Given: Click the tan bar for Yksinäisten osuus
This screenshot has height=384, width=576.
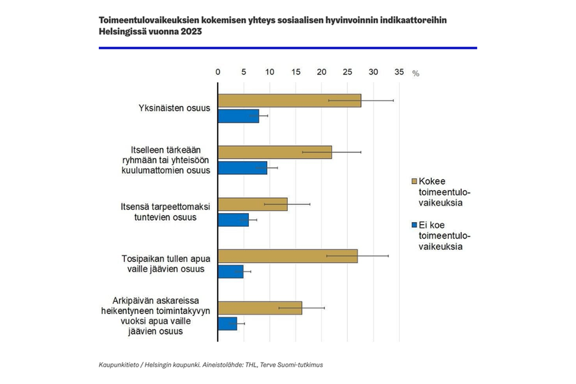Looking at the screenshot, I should click(290, 101).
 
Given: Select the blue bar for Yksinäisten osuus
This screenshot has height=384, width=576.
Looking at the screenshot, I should click(239, 116).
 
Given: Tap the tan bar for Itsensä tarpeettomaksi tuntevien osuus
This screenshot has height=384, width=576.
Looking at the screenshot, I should click(253, 204).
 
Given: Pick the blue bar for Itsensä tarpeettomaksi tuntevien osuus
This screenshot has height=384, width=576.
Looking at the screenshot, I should click(234, 220).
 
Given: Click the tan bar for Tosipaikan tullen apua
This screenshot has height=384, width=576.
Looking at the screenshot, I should click(288, 256).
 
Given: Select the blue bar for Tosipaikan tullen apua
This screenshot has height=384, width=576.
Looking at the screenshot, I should click(231, 271).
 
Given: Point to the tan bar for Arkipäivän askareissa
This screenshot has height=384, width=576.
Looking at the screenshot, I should click(260, 308).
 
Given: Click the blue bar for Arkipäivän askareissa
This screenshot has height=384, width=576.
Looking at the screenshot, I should click(228, 323).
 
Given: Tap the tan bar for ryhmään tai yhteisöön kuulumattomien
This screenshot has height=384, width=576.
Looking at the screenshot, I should click(275, 152).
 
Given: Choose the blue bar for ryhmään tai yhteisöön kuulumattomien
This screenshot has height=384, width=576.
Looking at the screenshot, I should click(243, 168).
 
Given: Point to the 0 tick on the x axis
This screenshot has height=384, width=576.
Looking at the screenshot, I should click(218, 72).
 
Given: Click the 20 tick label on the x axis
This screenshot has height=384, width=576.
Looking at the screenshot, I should click(322, 72).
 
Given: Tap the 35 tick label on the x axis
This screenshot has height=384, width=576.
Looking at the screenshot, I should click(399, 72).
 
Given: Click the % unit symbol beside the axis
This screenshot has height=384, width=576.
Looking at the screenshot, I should click(416, 73).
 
